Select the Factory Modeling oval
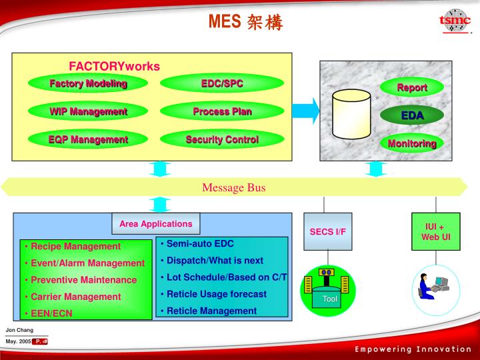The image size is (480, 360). pos(88,83)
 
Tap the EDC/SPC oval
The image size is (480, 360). pos(222,83)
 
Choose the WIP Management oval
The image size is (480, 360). pos(88,111)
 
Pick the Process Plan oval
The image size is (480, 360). pos(222,111)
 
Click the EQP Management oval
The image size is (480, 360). pos(88,139)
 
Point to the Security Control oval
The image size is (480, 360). pos(222,139)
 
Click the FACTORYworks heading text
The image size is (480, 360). pos(115,66)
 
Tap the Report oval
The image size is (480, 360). pos(412,87)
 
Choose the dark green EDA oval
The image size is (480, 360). pos(412,115)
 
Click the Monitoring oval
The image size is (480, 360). pos(412,143)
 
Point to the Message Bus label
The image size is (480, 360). pos(234,187)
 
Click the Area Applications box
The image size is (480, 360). pos(155,224)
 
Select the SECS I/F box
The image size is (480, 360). pos(327,231)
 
